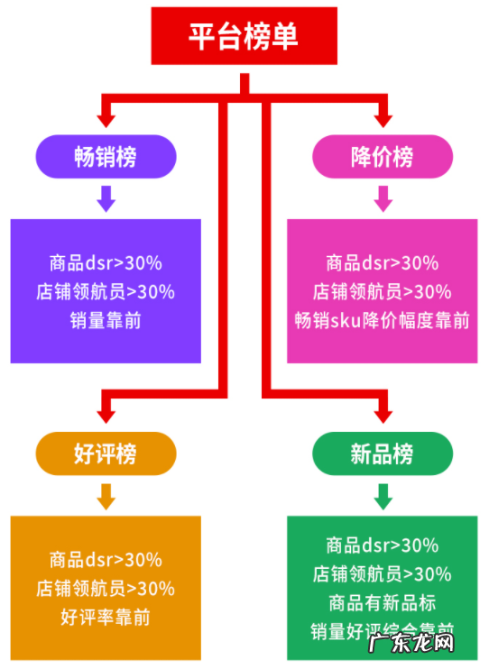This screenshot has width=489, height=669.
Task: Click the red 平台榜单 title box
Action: tap(244, 37)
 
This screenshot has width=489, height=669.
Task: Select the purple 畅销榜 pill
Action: tap(106, 156)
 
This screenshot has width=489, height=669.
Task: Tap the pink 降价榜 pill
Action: tap(383, 156)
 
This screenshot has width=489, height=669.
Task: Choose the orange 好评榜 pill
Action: tap(106, 453)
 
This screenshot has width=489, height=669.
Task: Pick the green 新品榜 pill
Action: tap(383, 453)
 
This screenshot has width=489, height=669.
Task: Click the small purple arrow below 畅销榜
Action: tap(106, 198)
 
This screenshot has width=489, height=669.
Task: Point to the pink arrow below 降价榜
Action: tap(383, 198)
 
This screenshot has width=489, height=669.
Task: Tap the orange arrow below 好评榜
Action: tap(106, 495)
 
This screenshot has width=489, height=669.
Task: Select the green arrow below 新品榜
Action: tap(383, 495)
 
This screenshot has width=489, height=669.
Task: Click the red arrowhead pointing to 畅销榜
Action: tap(106, 117)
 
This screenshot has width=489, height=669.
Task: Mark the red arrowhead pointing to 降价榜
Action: tap(383, 117)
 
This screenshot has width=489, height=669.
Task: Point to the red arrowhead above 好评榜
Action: tap(106, 413)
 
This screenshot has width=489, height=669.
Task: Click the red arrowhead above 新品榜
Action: tap(383, 413)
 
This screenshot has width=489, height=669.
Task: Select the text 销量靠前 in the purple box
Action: tap(106, 321)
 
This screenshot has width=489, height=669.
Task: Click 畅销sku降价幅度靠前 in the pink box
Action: tap(383, 321)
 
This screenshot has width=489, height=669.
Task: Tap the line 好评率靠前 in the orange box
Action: tap(106, 618)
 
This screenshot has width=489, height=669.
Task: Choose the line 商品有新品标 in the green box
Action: tap(383, 602)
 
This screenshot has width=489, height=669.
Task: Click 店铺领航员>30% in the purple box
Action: tap(106, 292)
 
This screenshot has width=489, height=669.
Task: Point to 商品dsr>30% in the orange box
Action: tap(106, 560)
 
